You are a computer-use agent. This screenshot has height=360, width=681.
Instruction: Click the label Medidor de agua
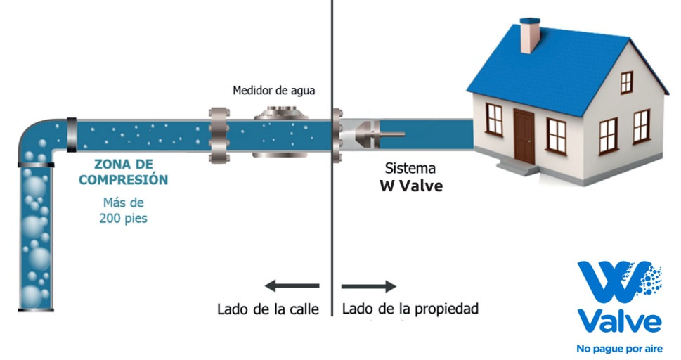point(273,91)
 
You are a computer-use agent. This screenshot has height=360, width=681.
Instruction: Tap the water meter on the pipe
point(281,131)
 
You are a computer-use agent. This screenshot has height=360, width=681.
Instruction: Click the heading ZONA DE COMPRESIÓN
point(124,172)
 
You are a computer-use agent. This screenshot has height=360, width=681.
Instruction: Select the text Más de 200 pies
point(124,210)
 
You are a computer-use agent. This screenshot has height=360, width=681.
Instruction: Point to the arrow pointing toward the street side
point(292,286)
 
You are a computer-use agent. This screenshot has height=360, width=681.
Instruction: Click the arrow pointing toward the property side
point(369,286)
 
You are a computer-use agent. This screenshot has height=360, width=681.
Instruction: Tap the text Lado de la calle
point(268,309)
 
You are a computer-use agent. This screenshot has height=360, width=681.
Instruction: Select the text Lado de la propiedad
point(410,309)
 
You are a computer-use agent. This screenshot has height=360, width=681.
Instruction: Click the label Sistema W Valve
point(411,177)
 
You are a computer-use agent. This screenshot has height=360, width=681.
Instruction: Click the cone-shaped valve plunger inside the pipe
point(368,134)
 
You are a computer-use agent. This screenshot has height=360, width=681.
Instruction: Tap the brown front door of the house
point(524,136)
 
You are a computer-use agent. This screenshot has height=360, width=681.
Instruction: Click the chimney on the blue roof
point(530,35)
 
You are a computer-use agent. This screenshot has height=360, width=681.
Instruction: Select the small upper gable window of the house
point(626,82)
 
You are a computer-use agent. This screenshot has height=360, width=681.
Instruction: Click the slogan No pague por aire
point(619,349)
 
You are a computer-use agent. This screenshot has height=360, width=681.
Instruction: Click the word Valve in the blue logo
point(620,322)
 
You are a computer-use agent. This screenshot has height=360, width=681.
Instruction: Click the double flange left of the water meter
point(219,135)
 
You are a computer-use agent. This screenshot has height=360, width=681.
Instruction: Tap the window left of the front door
point(494,119)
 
